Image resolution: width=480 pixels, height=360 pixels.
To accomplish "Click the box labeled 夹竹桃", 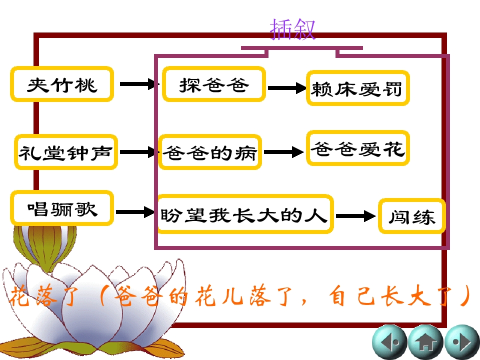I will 62,84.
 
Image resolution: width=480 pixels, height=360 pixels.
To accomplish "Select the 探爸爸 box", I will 214,84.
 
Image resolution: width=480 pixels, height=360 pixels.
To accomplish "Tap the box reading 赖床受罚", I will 357,89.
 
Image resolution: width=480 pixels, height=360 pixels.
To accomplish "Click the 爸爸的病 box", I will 210,152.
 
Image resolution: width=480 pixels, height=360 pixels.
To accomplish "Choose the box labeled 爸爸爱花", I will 357,148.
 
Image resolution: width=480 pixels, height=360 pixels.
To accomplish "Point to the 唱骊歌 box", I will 62,207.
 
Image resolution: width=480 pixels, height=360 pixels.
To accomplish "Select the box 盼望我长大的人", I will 244,215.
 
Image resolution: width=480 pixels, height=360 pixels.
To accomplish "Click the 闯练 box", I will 411,216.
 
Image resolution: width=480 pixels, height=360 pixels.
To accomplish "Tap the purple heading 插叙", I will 292,29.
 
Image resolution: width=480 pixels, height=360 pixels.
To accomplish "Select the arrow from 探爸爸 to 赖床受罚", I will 286,88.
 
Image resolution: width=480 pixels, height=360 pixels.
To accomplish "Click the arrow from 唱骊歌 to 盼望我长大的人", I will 136,212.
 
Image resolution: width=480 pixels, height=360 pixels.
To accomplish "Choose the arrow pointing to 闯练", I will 355,216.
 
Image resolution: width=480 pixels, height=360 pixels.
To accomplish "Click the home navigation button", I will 425,343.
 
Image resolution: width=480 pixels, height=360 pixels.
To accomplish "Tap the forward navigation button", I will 461,343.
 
